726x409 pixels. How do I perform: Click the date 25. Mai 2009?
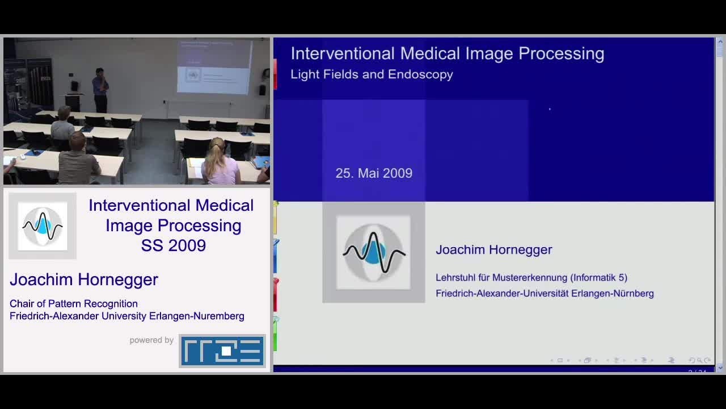[x=374, y=173]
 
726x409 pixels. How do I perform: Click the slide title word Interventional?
[x=343, y=53]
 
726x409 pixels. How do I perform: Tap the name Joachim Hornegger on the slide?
[x=493, y=249]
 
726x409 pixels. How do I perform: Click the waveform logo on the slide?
[x=373, y=252]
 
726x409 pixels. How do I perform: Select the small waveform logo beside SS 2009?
[x=43, y=226]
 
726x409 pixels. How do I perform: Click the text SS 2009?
[x=173, y=245]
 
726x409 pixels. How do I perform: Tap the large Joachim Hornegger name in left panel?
[x=84, y=279]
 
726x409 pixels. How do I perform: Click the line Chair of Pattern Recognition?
[x=74, y=304]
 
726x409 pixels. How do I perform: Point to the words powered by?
[x=151, y=340]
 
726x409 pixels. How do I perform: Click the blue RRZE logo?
[x=222, y=350]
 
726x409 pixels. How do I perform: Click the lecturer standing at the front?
[x=100, y=90]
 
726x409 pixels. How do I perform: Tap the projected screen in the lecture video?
[x=214, y=67]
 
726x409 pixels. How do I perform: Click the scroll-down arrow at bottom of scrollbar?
[x=720, y=368]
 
